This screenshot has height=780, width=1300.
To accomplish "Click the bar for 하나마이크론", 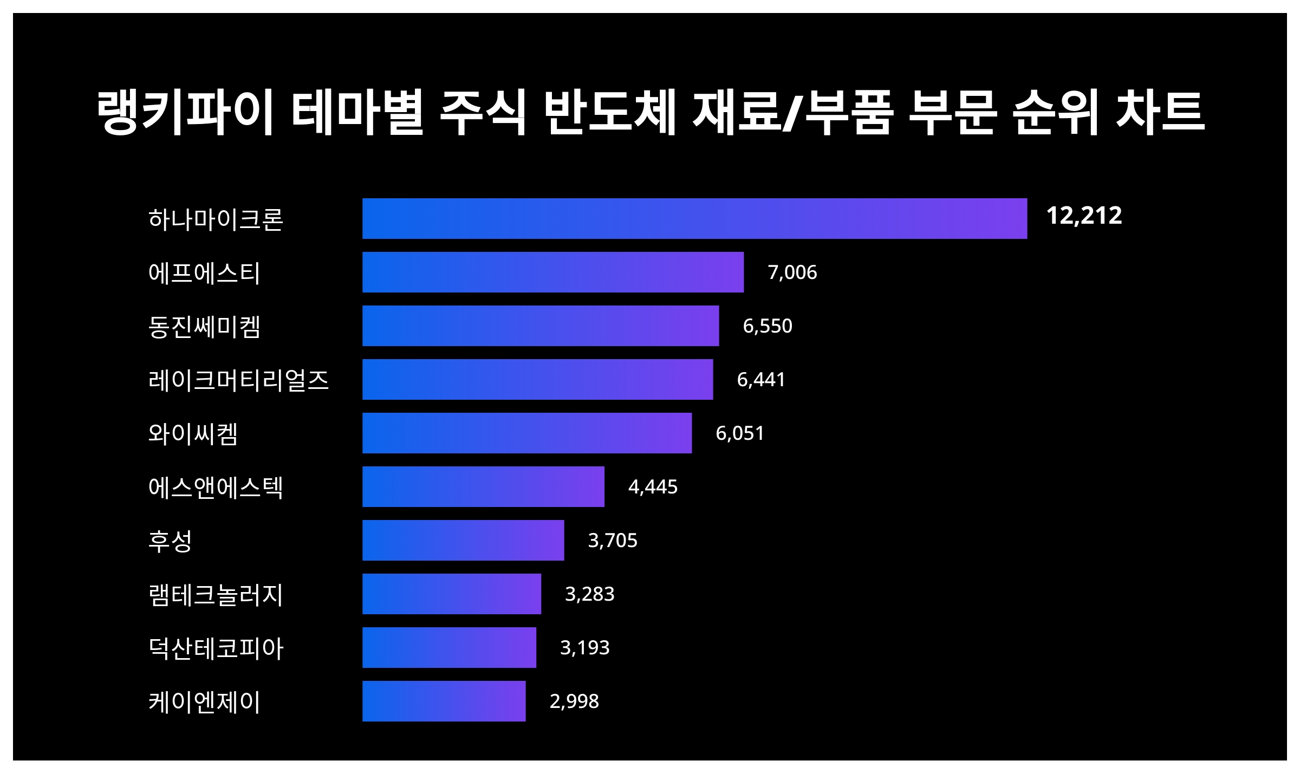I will (694, 218).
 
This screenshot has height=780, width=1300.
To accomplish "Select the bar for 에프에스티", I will (552, 272).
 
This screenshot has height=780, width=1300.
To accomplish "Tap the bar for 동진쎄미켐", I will (541, 326).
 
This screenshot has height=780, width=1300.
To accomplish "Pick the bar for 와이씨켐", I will (526, 433).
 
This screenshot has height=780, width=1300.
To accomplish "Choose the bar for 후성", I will (463, 540).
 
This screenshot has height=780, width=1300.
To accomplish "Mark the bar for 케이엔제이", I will (444, 701).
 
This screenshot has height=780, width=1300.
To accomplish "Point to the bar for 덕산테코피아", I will (449, 647).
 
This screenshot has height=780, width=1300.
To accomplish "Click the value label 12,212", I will (1084, 216).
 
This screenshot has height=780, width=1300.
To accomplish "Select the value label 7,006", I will (792, 272).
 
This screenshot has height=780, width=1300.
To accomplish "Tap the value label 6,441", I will (761, 380).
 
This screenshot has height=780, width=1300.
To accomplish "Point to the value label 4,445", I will (653, 487).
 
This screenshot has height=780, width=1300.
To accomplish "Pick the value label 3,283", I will (589, 594).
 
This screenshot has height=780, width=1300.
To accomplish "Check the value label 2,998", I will (574, 701).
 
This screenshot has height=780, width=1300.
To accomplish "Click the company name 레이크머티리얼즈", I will (238, 380).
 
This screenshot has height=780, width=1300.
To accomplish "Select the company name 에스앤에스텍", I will (216, 487).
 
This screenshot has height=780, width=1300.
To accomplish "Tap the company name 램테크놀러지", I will (216, 594).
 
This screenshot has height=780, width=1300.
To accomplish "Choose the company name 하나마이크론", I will (216, 219).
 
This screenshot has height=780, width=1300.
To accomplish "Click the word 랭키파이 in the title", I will (185, 113).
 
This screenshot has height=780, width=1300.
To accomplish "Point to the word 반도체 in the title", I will (610, 113).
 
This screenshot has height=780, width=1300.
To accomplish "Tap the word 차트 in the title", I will (1160, 113).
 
